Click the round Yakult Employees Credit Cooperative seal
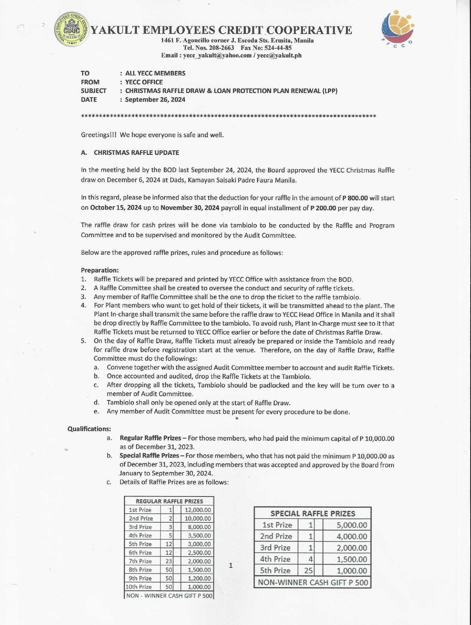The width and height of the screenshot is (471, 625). [72, 29]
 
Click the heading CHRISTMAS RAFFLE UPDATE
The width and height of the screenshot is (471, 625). [136, 153]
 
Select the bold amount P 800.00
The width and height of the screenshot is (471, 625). [355, 198]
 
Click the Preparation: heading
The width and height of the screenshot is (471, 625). [100, 270]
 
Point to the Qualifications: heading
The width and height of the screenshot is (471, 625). [89, 429]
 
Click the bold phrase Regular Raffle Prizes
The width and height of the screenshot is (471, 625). [150, 438]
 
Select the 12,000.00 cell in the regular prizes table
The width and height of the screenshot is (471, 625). [197, 510]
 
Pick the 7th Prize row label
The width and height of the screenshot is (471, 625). [141, 561]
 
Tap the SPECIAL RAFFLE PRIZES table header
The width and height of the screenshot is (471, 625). [313, 514]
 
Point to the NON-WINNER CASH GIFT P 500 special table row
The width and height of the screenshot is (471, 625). [313, 582]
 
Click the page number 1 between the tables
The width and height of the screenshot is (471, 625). [231, 566]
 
